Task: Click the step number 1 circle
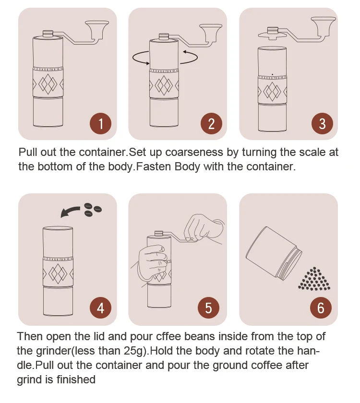coord(100,124)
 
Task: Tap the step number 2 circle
coord(211,124)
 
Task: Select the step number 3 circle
coord(322,124)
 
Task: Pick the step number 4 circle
coord(100,308)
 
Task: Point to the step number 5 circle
coord(208,308)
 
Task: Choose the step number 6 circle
coord(321,308)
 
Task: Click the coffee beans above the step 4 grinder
coord(93,210)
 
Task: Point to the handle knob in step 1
coord(97,29)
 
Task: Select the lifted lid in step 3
coord(273,34)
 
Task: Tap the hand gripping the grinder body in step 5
coord(152,262)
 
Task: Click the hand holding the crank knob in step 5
coord(203,229)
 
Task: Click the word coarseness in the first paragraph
coord(194,152)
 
